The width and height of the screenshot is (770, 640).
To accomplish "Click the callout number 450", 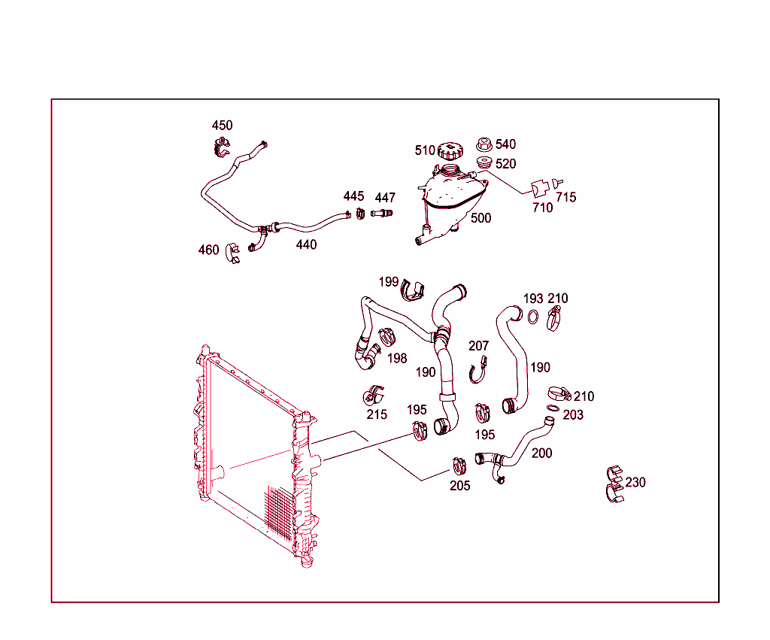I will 222,126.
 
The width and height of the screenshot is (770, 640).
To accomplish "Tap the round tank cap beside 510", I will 450,150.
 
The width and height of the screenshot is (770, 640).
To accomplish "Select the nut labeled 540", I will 484,144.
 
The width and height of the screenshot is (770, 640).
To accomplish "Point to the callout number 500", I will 480,218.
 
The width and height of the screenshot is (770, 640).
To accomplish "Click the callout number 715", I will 566,197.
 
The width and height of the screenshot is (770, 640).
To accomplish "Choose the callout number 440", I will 306,244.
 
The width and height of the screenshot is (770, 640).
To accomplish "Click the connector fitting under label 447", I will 382,214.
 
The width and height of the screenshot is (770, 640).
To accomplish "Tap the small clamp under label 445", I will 360,214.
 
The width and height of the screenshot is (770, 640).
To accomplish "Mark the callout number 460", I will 208,250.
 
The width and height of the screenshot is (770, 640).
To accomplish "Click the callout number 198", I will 397,358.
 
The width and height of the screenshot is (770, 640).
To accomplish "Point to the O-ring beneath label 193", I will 532,317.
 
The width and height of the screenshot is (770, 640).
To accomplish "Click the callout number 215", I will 377,414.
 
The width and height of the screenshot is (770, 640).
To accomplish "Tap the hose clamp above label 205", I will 459,466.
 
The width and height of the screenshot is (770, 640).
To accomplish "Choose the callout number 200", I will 541,453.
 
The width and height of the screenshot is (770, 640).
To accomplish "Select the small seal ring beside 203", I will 553,409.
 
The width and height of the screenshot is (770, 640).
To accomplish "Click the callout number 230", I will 635,482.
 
